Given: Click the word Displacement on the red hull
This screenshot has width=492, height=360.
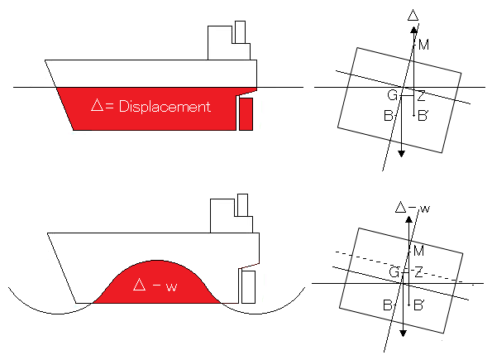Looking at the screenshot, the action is coord(165,107).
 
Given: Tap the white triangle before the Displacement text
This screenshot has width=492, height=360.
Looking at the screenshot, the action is coord(98,105).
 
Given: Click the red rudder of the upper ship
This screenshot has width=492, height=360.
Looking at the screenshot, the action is coord(246,114).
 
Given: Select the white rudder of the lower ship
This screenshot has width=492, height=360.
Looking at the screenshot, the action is coord(248,287).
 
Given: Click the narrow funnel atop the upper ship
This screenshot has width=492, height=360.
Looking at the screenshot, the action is coord(240,32).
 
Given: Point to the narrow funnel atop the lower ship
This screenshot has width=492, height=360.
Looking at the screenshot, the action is coord(242,205).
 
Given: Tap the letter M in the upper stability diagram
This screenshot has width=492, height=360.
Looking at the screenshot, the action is coord(424,46).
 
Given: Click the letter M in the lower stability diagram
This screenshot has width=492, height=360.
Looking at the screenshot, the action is coord(419,251).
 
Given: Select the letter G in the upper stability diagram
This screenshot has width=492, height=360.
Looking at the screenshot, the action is coord(393,95).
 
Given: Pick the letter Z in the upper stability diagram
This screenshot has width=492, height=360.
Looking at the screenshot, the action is coord(421,96).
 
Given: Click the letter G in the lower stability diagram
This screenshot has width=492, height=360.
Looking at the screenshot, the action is coord(394,272).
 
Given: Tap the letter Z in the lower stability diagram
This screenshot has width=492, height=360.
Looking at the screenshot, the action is coord(419,272).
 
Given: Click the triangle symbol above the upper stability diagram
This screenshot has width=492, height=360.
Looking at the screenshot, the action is coord(413,15).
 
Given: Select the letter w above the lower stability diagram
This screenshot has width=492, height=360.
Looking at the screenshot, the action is coord(424,209).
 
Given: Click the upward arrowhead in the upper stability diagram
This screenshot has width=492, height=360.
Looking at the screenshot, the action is coord(414,30).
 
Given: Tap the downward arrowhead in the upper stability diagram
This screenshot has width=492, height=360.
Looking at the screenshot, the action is coord(402,154).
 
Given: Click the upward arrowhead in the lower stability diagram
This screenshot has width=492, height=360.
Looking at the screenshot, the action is coord(408,219).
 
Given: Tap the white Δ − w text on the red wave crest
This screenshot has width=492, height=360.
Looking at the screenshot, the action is coord(155,286).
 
